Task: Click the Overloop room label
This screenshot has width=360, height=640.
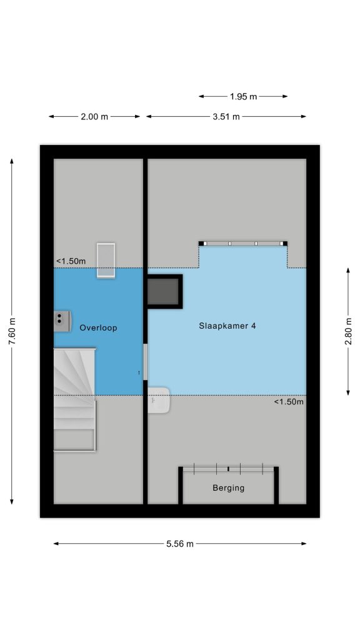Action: pos(98,327)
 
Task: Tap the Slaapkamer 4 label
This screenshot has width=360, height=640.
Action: pos(227,326)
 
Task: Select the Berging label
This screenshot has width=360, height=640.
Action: pos(229,487)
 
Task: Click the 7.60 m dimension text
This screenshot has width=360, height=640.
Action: pos(12,331)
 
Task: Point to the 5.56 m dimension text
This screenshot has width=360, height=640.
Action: pos(180,544)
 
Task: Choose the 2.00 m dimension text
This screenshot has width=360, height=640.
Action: pos(94,117)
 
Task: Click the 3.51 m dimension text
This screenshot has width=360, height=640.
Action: pos(226,117)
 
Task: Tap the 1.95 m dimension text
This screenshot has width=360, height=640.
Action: pos(243,97)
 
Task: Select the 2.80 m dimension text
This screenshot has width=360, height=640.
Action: pos(348,331)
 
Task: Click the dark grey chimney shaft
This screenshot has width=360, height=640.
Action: pos(163,291)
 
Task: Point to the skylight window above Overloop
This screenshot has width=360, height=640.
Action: pos(106,260)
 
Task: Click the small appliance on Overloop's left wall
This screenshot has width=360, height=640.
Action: pos(62,318)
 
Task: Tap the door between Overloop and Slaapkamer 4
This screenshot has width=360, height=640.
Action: pos(145,362)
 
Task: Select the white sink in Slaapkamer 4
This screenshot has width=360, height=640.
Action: pos(158,401)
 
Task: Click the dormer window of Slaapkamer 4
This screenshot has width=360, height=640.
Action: pos(243,244)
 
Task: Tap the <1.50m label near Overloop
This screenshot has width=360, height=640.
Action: pos(71,261)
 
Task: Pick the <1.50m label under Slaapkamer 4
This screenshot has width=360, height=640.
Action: pos(289,402)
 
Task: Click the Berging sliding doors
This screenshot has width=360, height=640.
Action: pos(229,469)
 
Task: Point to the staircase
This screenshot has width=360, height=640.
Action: pos(75,399)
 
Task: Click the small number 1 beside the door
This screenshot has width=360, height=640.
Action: pos(139,372)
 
